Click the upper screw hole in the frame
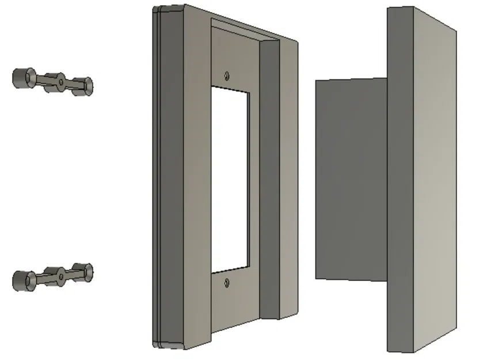tap(228, 75)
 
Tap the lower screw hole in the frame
tap(227, 282)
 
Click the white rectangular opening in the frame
tap(230, 179)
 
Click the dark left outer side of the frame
tap(170, 179)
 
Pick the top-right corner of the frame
tap(297, 41)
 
